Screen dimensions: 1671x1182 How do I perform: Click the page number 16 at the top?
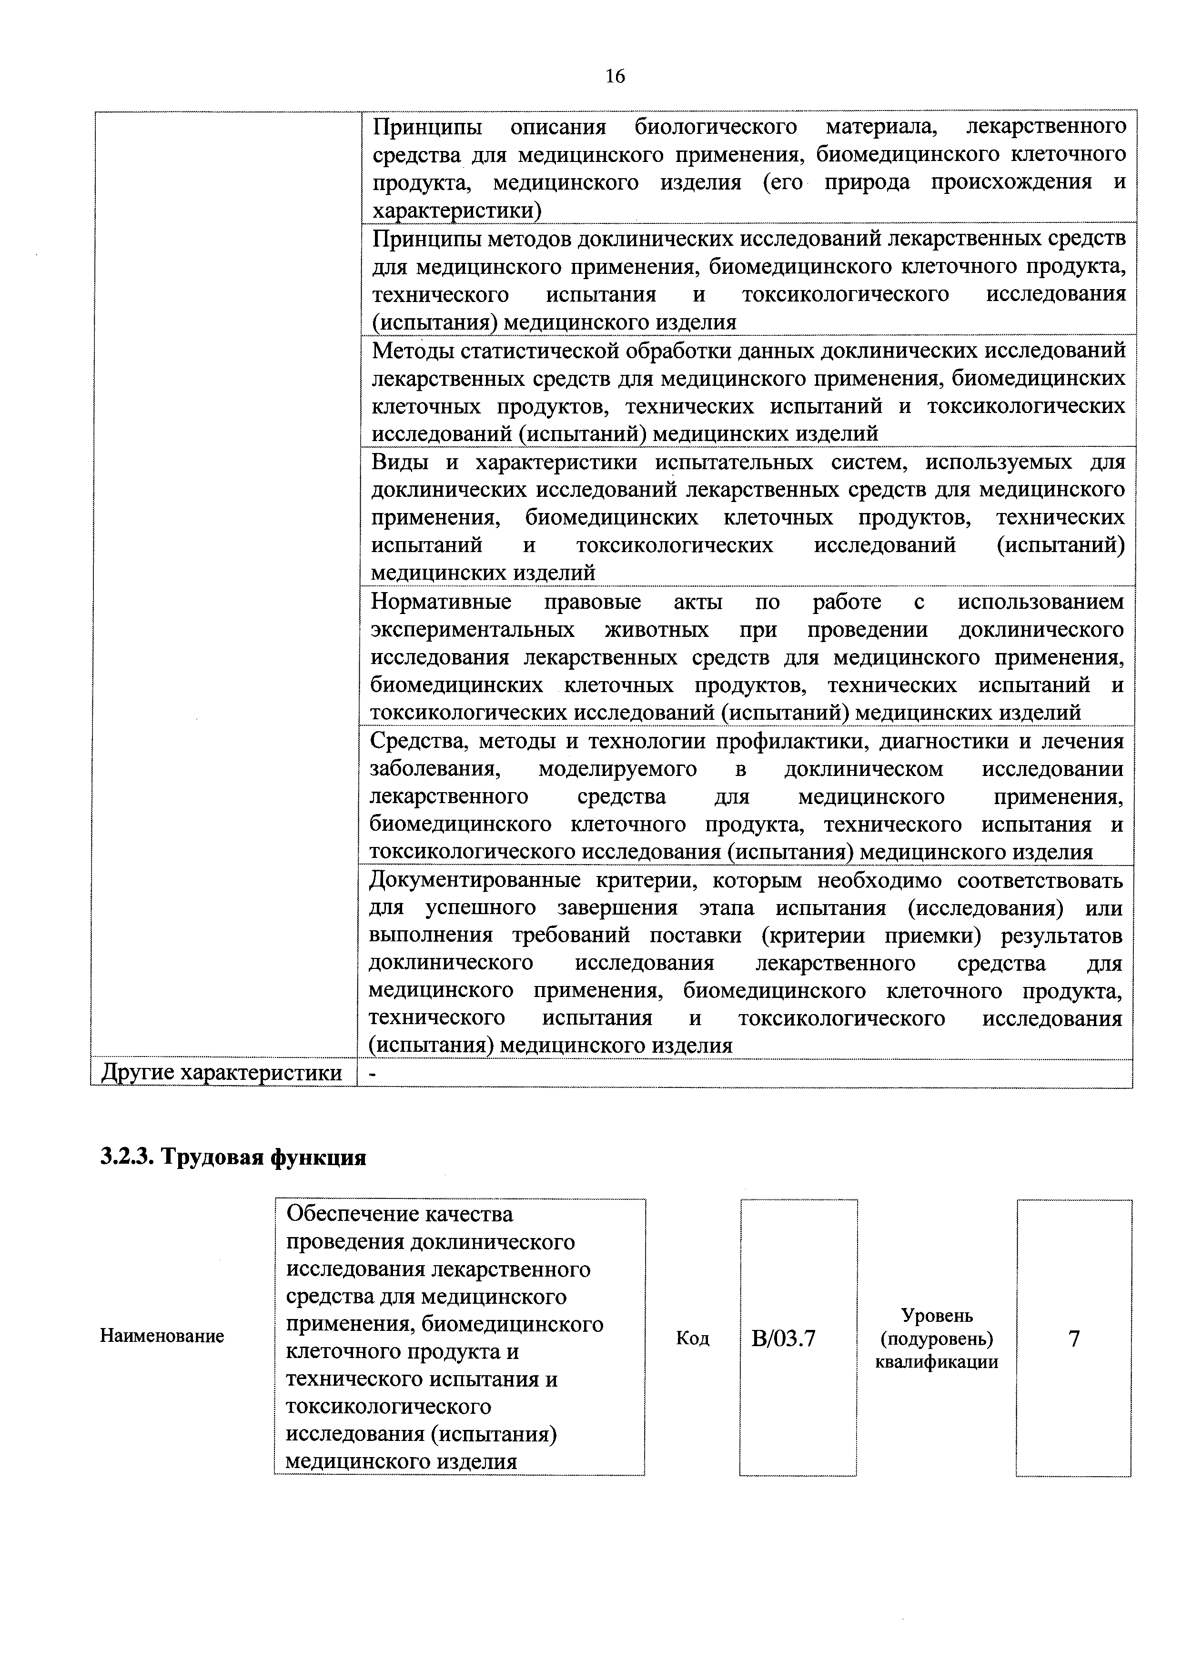tap(615, 76)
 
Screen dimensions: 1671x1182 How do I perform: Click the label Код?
tap(692, 1338)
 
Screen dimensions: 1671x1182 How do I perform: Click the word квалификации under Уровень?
tap(937, 1362)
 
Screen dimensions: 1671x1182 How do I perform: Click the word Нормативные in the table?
tap(441, 602)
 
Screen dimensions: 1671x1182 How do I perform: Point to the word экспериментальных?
tap(472, 630)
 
